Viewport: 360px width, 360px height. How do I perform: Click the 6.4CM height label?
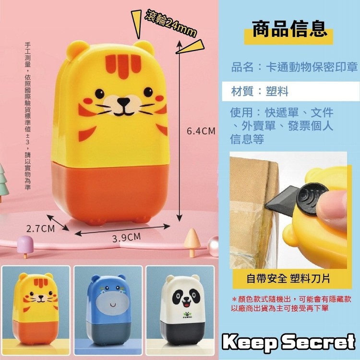(201, 131)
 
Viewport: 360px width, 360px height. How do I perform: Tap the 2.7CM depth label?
(41, 228)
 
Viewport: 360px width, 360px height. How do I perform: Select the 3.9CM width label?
(127, 238)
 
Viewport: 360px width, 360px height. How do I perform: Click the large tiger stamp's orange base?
(110, 193)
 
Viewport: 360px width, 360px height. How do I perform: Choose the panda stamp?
(183, 310)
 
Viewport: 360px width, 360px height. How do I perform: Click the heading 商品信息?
(290, 29)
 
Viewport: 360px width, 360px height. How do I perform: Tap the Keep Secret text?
(289, 342)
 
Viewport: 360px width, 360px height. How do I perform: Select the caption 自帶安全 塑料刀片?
(288, 279)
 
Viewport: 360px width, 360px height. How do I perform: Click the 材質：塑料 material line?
(260, 91)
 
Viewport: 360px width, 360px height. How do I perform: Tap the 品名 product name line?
(294, 67)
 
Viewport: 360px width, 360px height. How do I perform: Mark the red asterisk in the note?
(234, 300)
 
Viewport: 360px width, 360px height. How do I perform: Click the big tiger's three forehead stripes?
(123, 65)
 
